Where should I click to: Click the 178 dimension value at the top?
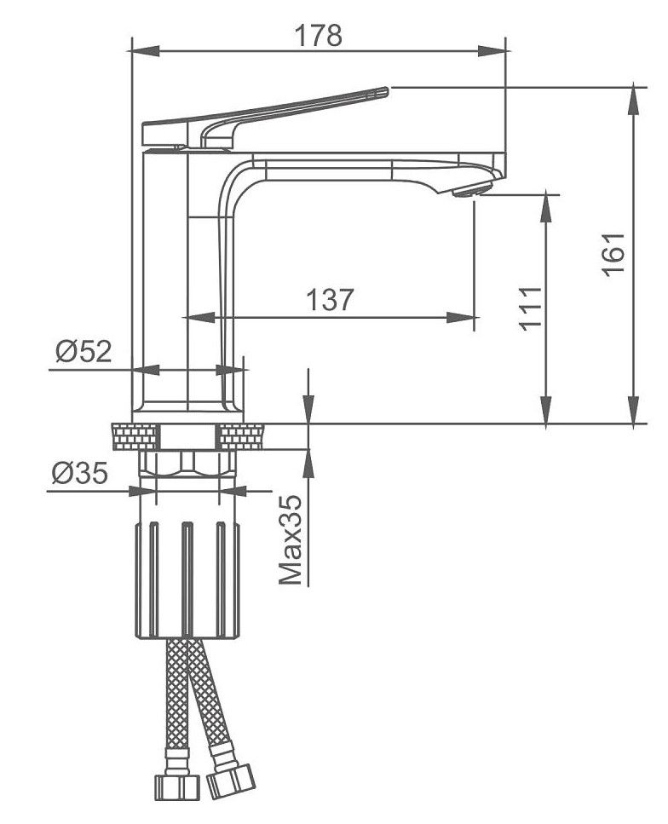(x=318, y=35)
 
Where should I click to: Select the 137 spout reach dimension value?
(x=330, y=299)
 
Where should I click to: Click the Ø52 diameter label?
(x=83, y=350)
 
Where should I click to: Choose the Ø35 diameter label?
(x=80, y=473)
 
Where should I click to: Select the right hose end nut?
(x=232, y=779)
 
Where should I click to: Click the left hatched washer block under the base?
(x=135, y=436)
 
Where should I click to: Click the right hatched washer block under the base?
(x=243, y=436)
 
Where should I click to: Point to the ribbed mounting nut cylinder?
(x=187, y=579)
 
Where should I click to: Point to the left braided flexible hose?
(x=176, y=699)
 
